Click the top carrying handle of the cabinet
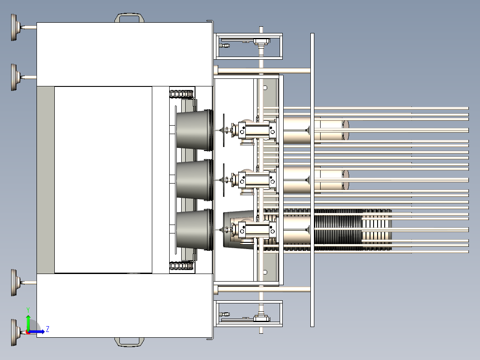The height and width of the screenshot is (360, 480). point(129,15)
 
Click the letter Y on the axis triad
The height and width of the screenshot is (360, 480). point(28,310)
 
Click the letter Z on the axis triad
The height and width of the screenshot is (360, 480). point(48,329)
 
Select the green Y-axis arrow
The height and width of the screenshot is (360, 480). point(28,322)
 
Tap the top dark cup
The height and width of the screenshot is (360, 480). point(195,130)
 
